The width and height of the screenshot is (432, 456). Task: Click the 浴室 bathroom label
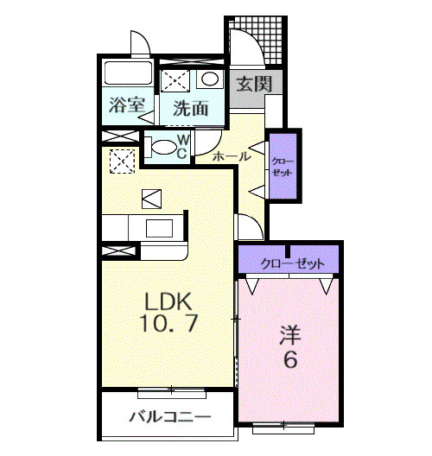[126, 107]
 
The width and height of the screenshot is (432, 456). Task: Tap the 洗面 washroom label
[189, 108]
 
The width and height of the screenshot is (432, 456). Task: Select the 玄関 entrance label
[254, 85]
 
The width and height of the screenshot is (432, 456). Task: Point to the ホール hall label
[231, 156]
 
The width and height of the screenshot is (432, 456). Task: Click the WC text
[183, 147]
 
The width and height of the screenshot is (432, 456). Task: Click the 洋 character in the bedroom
[289, 333]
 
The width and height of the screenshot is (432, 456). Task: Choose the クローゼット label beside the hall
[283, 167]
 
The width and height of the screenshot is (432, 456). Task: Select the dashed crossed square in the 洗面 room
[177, 81]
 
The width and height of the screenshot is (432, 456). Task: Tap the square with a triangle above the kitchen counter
[152, 199]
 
